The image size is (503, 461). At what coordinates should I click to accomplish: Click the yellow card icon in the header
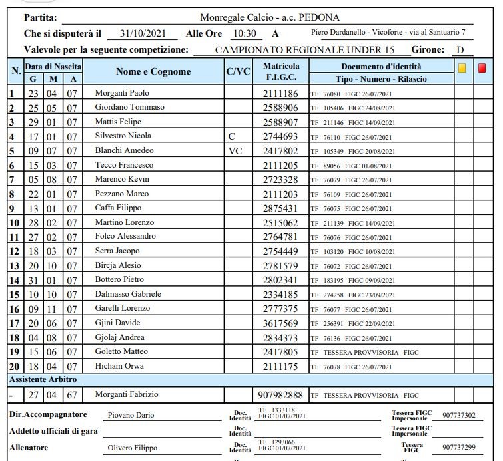coord(462,67)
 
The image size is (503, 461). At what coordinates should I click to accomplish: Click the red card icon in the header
coord(482,67)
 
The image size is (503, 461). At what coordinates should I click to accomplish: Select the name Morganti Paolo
coord(123,93)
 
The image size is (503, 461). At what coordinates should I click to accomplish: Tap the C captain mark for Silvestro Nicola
coord(231,136)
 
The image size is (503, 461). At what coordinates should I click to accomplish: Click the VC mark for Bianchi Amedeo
coord(235,151)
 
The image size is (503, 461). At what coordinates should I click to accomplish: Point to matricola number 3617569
coord(281,323)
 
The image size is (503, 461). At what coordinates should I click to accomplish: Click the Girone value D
coord(460,50)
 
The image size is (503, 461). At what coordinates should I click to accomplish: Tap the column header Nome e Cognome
coord(153,72)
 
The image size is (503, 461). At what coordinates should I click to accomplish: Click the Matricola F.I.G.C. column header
coord(281,72)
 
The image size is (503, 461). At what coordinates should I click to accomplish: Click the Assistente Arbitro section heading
coord(43,379)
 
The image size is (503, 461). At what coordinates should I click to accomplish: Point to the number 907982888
coord(281,395)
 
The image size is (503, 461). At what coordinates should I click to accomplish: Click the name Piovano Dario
coord(131,415)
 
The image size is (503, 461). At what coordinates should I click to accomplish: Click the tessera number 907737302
coord(458,416)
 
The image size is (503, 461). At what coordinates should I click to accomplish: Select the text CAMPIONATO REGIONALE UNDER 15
coord(304,50)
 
